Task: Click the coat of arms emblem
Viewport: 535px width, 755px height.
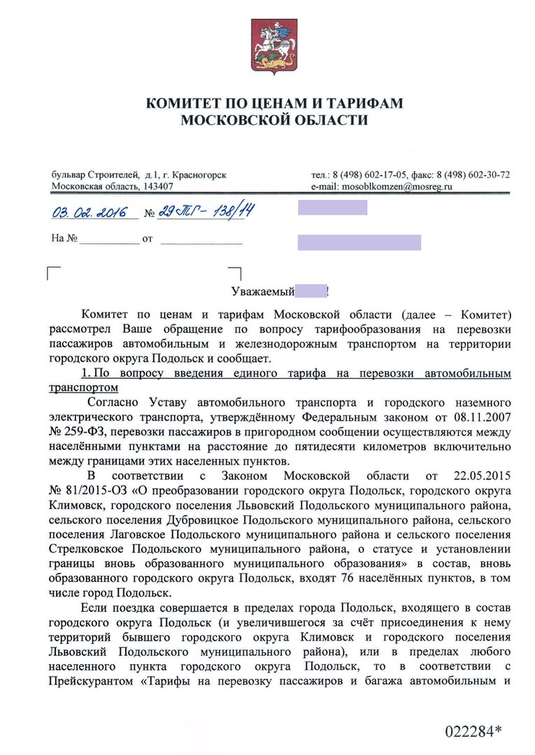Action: click(x=266, y=44)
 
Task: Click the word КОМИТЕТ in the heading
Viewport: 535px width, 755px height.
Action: click(x=180, y=103)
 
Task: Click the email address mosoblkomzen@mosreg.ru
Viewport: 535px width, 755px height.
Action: click(x=397, y=187)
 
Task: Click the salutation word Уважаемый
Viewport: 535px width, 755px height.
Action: click(x=259, y=289)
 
